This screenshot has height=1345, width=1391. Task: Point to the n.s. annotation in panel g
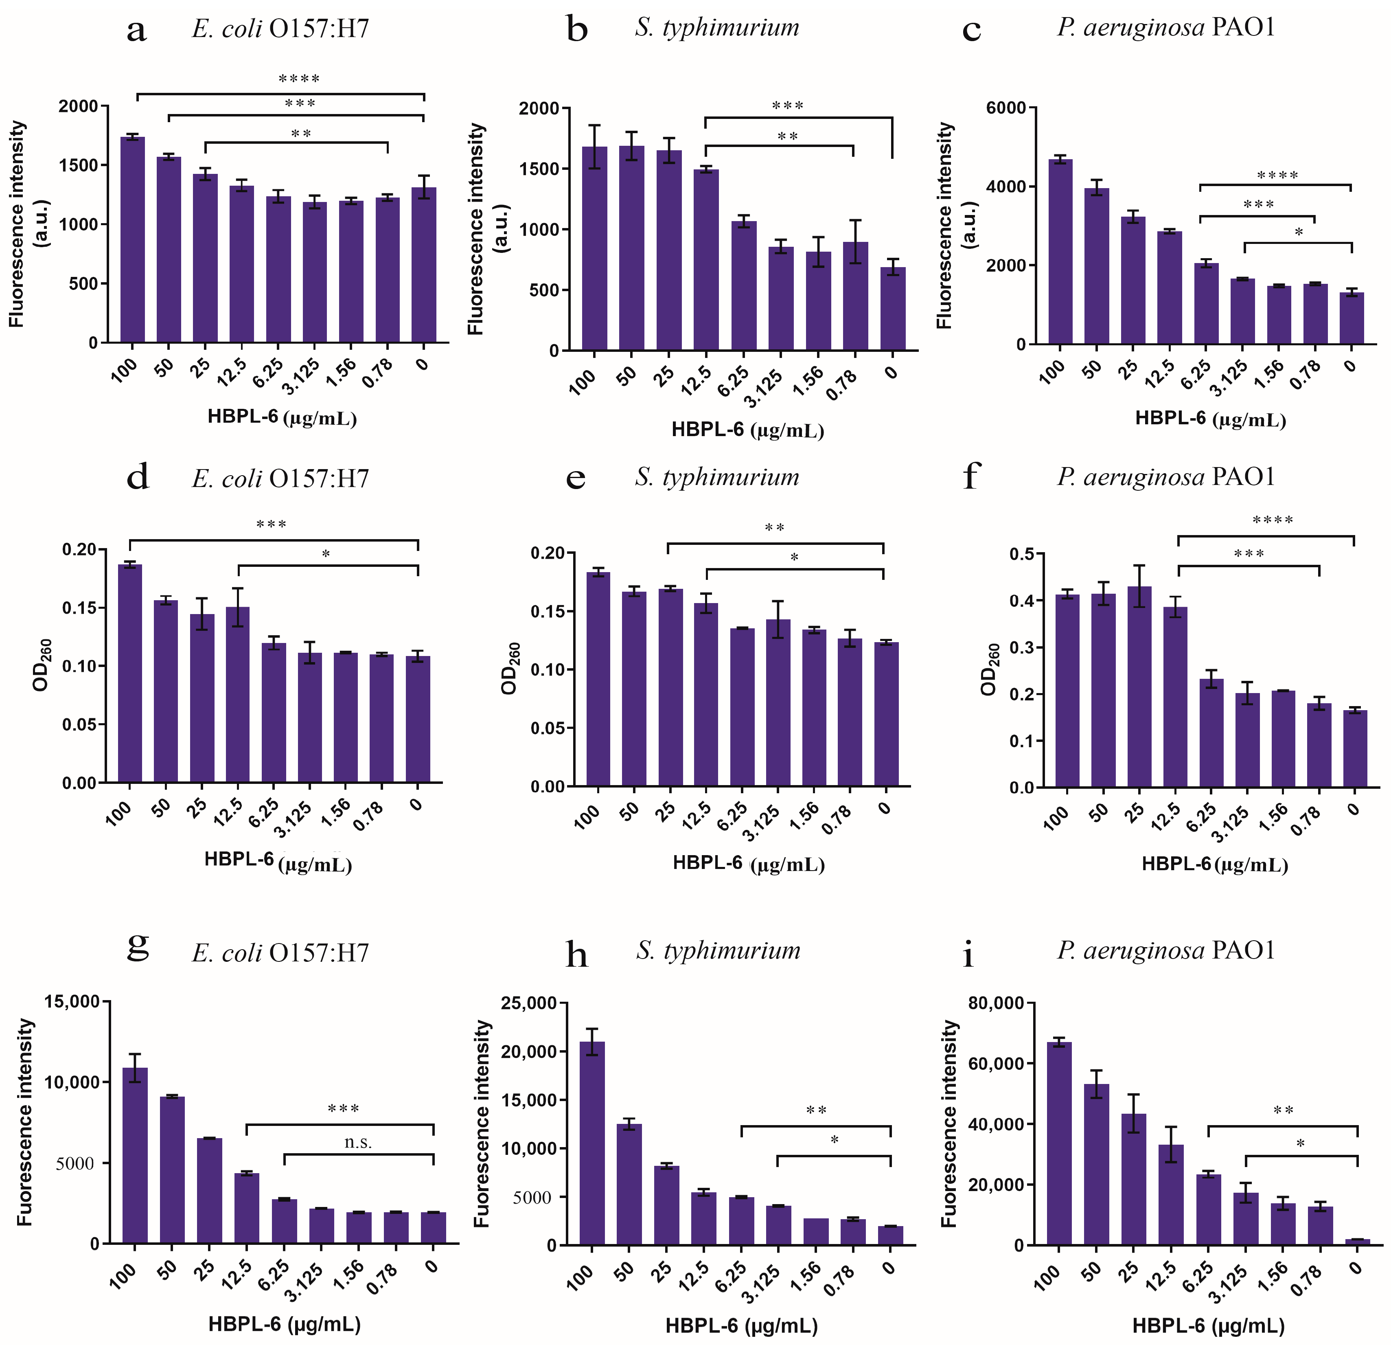click(x=358, y=1142)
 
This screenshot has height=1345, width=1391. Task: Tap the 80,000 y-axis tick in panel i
click(x=997, y=1003)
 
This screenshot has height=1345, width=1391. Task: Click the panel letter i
click(x=968, y=954)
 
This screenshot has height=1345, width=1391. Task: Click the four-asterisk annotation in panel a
click(x=299, y=79)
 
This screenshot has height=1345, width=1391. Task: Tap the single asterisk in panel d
click(x=326, y=554)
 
